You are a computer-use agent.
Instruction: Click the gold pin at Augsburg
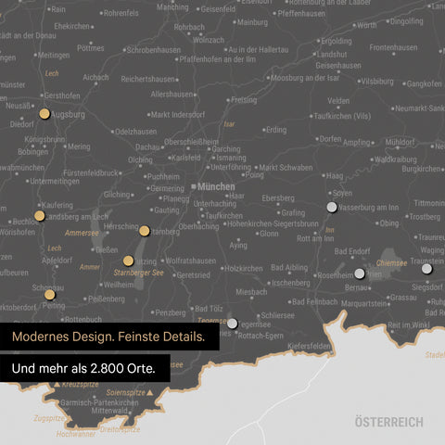tap(44, 114)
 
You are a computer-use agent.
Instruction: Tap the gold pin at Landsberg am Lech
tap(40, 215)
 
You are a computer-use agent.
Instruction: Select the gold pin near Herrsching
tap(145, 230)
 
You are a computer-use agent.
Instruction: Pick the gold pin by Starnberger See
tap(129, 261)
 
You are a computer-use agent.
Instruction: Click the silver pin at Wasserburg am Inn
tap(332, 207)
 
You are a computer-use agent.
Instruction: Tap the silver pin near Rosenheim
tap(360, 273)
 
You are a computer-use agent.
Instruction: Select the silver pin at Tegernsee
tap(233, 324)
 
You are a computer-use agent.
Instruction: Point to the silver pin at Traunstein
tap(427, 267)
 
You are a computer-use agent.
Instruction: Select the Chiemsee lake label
tap(391, 262)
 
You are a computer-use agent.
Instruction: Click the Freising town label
tap(243, 99)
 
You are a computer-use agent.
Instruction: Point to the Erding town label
tap(275, 130)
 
